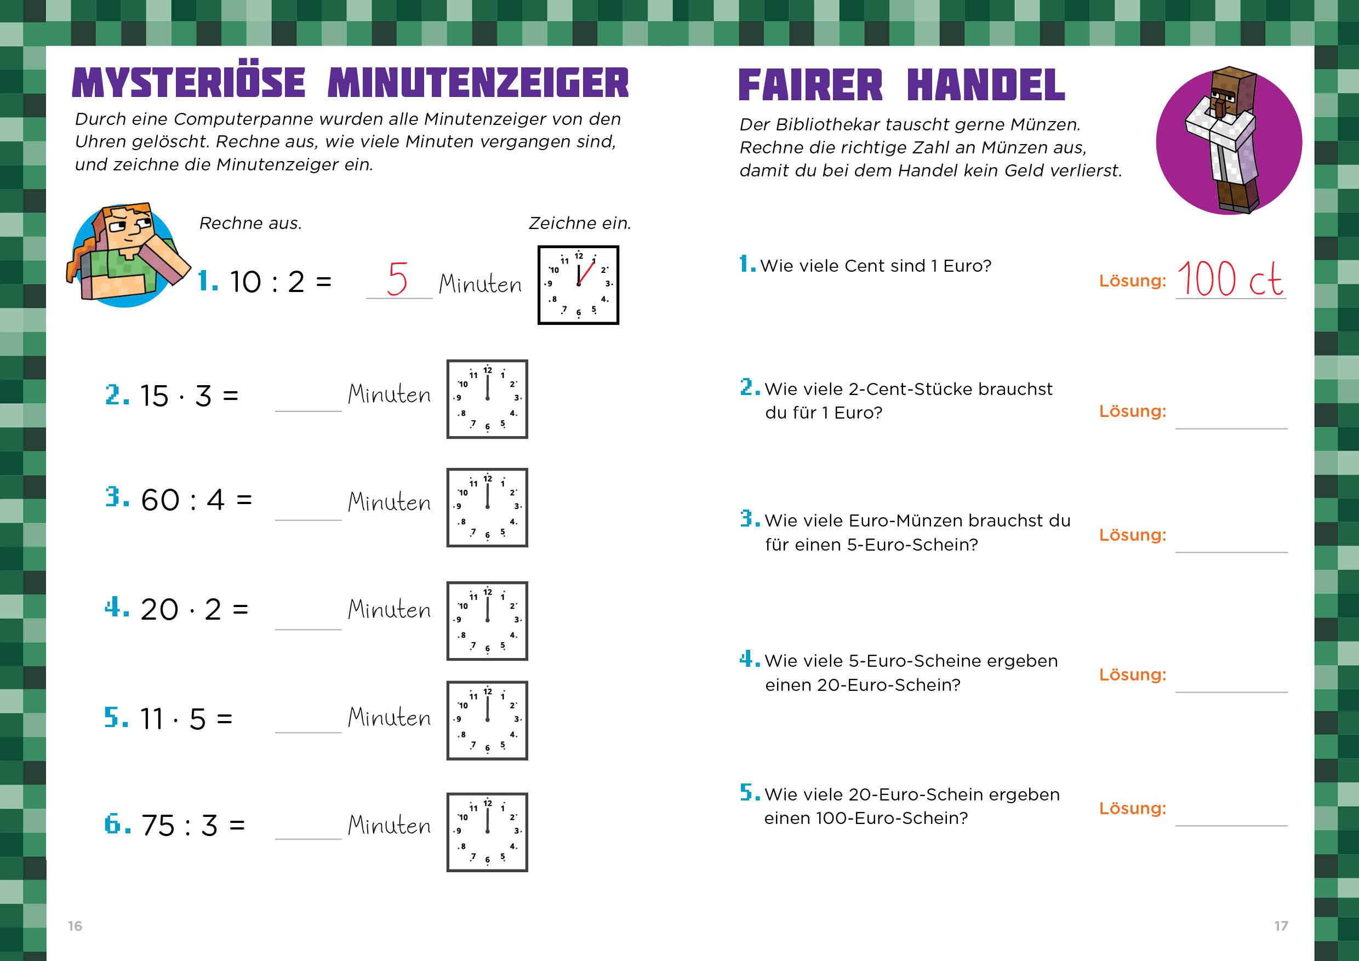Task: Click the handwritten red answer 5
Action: coord(397,279)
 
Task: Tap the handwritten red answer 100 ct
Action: coord(1229,279)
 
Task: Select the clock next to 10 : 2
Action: coord(578,285)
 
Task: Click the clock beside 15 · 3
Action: coord(487,399)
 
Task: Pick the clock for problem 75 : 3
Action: coord(487,832)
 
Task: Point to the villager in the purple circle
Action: coord(1223,140)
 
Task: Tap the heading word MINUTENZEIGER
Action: coord(478,83)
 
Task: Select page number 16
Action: coord(75,925)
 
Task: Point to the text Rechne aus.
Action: coord(250,223)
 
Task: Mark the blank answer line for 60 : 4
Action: coord(309,520)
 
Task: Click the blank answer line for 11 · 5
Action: coord(309,733)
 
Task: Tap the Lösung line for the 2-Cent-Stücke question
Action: coord(1232,428)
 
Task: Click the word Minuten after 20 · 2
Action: coord(390,609)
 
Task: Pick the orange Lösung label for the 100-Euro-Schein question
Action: coord(1133,809)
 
